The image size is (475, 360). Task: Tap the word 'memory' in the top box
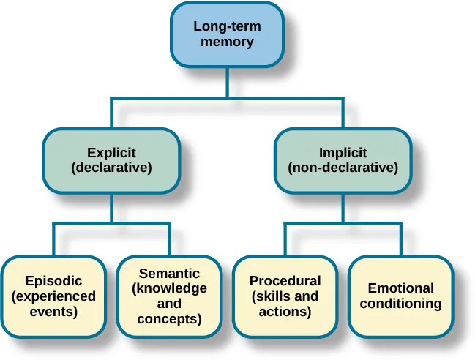[x=227, y=42]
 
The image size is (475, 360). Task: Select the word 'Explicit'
[x=111, y=153]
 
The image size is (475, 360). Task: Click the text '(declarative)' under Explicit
[x=111, y=168]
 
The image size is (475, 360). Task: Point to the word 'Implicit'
[x=343, y=153]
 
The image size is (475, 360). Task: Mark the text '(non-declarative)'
[x=343, y=168]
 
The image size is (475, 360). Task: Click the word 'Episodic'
[x=53, y=281]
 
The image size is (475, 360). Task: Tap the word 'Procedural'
[x=285, y=281]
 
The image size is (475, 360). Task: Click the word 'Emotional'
[x=400, y=288]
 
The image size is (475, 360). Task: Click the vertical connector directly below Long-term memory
[x=227, y=82]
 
